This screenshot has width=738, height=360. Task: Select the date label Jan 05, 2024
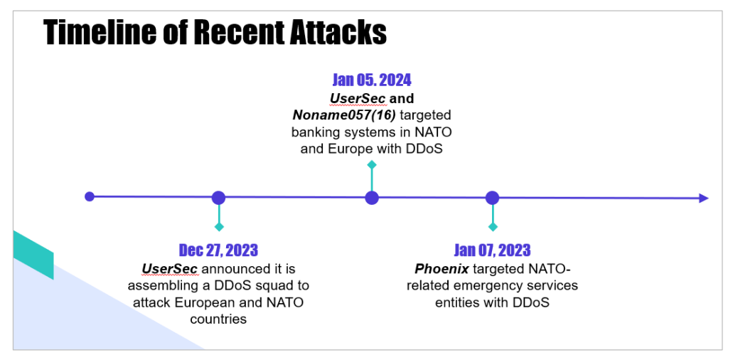coord(372,80)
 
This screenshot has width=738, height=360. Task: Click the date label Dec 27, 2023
coord(218,250)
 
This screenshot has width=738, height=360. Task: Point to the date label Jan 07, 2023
coord(492,250)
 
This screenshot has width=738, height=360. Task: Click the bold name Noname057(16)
coord(344,115)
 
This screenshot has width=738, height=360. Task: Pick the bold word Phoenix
coord(442,269)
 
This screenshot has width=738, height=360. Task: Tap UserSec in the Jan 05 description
coord(358,98)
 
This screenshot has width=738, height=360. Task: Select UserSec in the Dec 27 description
coord(170,269)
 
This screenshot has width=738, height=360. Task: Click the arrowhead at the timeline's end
coord(704,198)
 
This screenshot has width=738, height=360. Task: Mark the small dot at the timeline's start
coord(90,196)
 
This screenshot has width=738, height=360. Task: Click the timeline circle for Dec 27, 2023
coord(218,198)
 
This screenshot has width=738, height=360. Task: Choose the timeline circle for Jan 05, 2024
coord(372,198)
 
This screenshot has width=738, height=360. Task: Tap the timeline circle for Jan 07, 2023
coord(492,198)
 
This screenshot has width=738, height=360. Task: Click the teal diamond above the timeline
coord(372,164)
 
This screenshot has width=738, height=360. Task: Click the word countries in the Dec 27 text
coord(218,319)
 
